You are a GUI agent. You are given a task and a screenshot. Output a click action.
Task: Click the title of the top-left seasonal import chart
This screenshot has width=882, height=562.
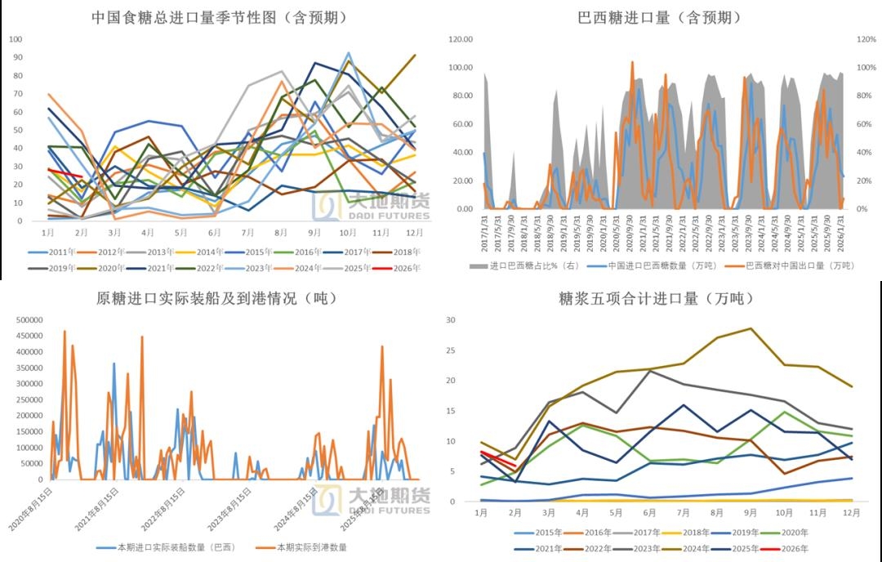[x=220, y=17]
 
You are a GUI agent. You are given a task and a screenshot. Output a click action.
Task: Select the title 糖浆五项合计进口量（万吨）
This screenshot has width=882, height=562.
[x=661, y=298]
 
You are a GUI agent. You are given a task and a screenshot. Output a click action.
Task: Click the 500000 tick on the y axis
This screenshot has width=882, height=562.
[x=30, y=319]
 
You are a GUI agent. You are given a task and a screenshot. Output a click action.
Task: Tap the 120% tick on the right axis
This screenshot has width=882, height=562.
[x=866, y=39]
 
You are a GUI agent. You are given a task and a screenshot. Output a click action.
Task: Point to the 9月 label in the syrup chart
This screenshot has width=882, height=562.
[x=750, y=512]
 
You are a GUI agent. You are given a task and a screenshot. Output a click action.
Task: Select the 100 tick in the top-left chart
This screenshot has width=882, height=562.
[x=16, y=39]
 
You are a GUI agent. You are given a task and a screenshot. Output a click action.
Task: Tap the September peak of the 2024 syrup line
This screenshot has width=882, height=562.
[x=751, y=328]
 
